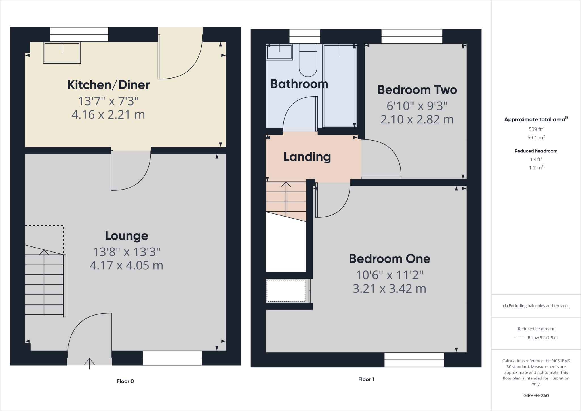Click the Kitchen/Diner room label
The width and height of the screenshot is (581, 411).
108,85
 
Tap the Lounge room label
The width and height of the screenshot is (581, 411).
127,236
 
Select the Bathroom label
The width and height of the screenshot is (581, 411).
299,84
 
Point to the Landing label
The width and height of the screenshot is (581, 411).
307,157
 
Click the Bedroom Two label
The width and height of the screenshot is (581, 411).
417,90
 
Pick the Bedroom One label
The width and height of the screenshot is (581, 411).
389,259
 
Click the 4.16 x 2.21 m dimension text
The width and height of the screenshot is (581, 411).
108,115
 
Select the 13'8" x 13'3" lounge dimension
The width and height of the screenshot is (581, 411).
127,251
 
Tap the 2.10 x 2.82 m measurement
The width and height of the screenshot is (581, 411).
417,119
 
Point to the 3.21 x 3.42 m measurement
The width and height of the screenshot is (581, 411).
389,289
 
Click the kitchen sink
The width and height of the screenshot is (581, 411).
62,53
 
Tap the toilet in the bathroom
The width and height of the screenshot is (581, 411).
308,64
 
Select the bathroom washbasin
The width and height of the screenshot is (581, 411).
279,52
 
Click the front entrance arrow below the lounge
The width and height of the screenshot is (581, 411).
89,363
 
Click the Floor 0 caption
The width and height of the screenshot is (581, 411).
125,381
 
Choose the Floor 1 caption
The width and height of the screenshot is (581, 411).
366,379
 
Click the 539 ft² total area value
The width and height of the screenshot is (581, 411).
536,129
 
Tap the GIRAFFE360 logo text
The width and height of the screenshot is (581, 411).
536,395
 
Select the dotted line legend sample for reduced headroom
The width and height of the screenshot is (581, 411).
519,338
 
